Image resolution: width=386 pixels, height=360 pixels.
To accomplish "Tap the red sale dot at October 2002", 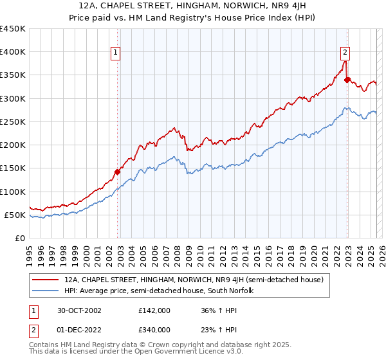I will pyautogui.click(x=118, y=172).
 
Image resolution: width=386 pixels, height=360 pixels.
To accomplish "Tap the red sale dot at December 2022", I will pyautogui.click(x=347, y=80).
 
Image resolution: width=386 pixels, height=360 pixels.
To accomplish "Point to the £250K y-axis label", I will pyautogui.click(x=13, y=122).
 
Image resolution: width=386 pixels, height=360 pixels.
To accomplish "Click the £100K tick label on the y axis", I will pyautogui.click(x=13, y=192).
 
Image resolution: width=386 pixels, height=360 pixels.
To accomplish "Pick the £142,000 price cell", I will pyautogui.click(x=154, y=310).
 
